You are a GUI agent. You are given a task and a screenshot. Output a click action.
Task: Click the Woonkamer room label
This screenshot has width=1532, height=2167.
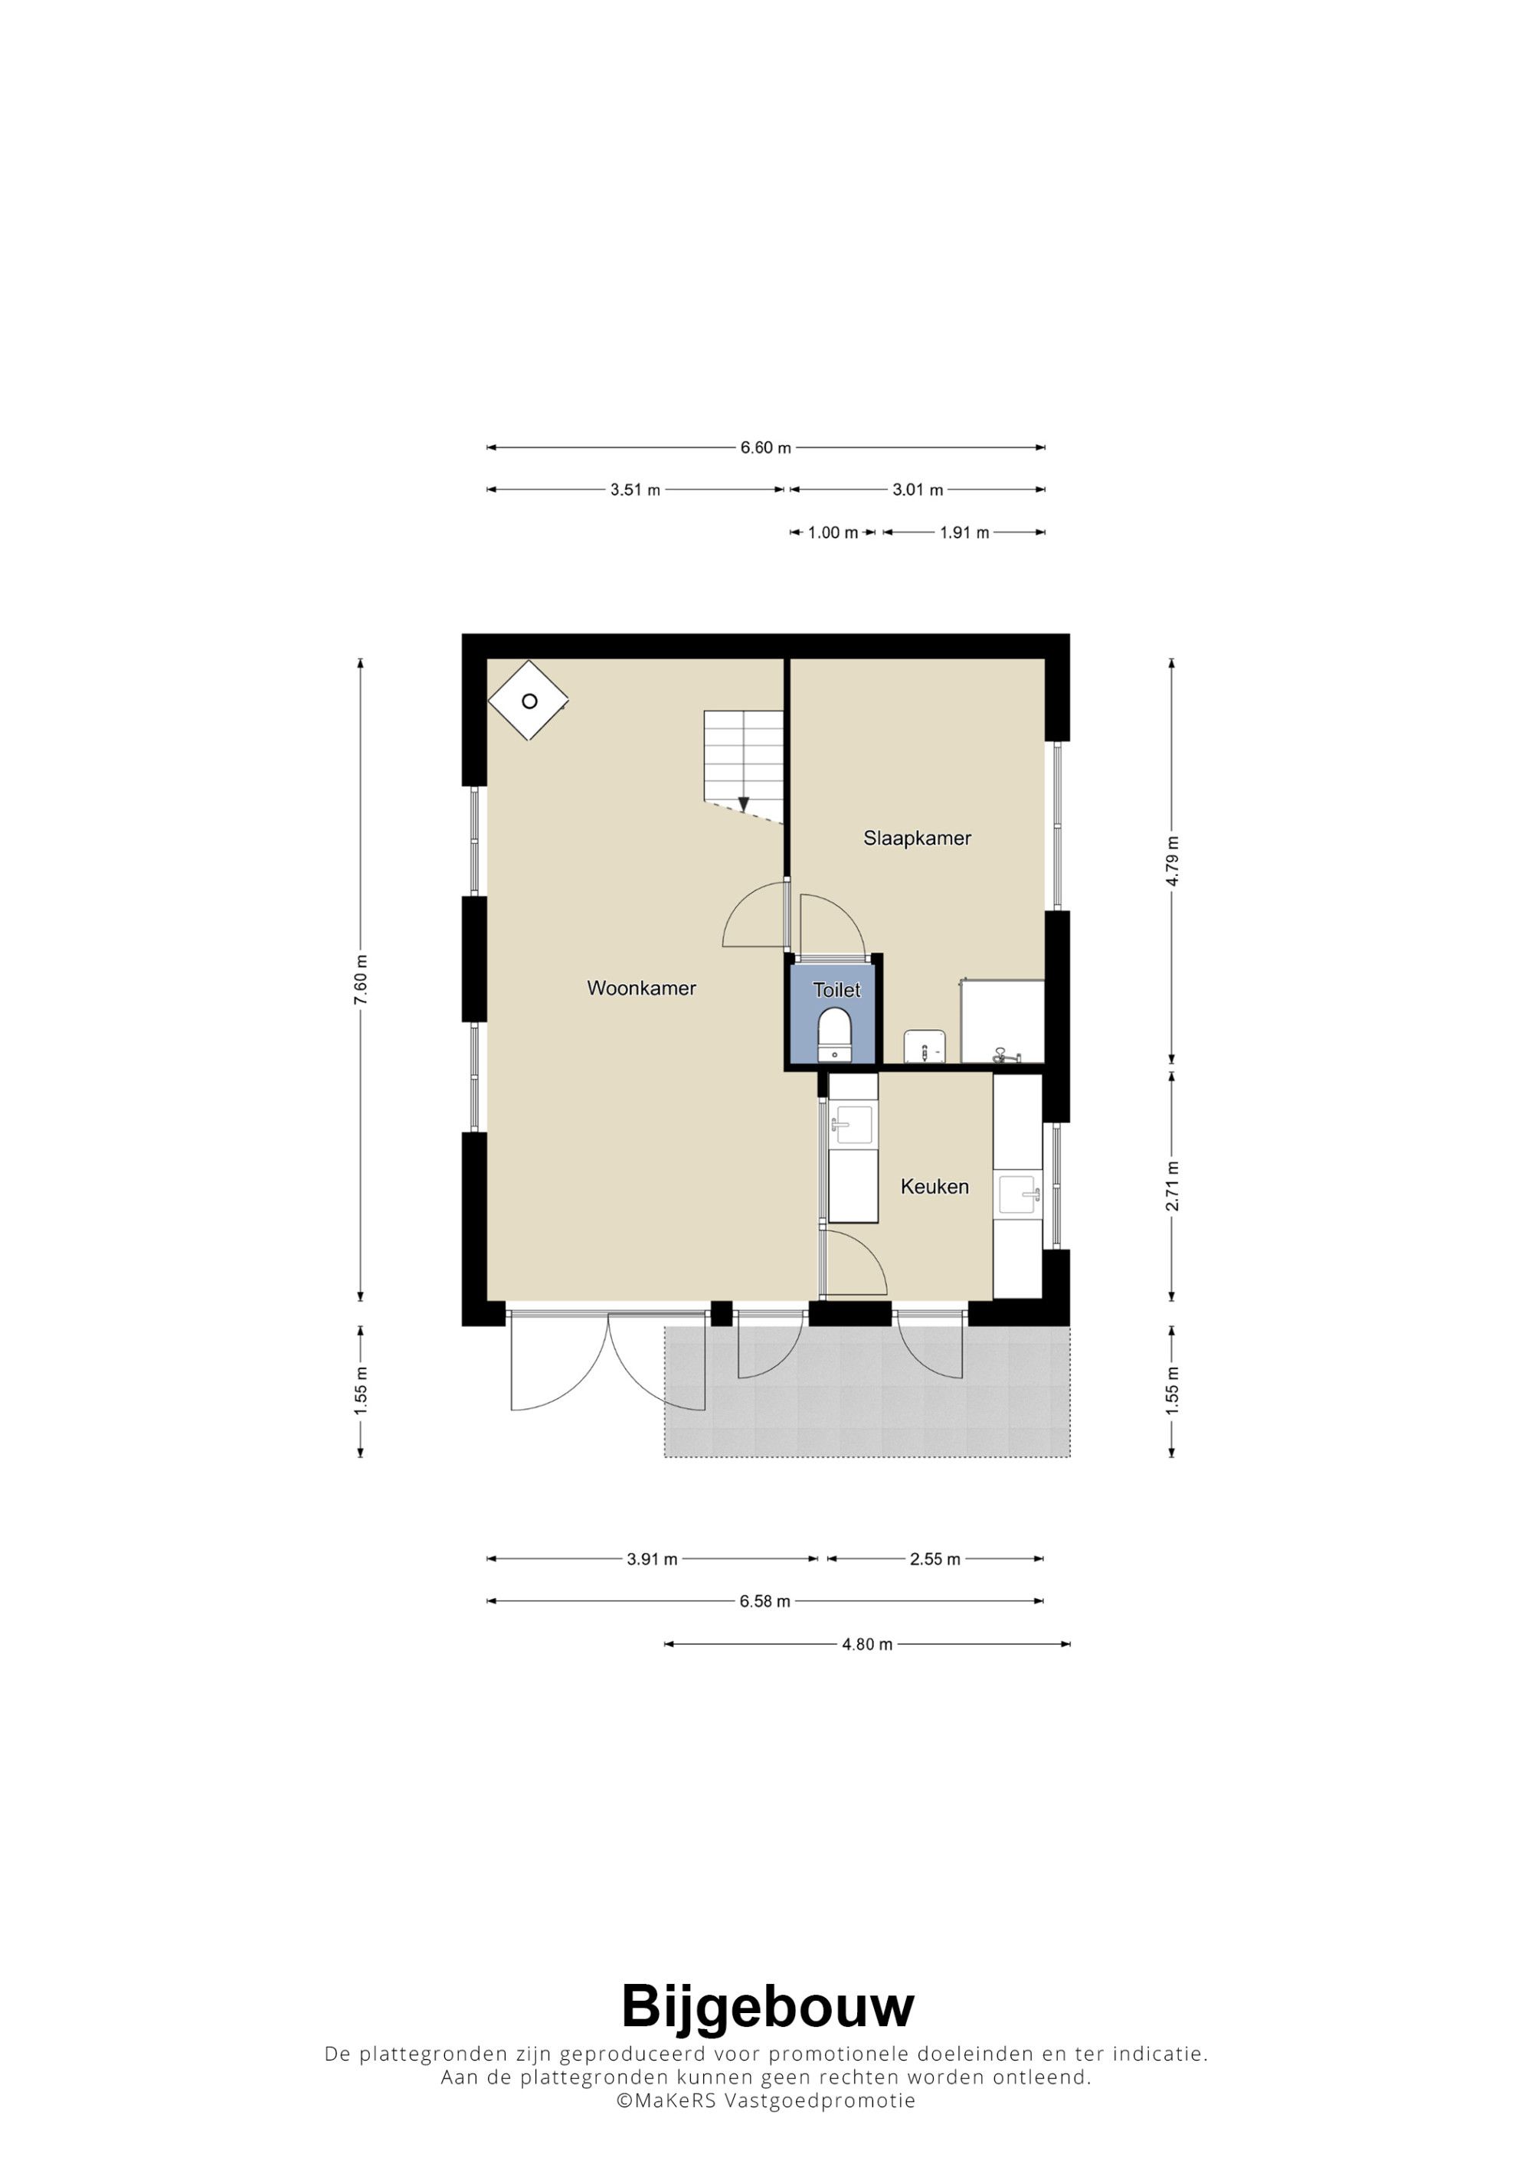point(641,989)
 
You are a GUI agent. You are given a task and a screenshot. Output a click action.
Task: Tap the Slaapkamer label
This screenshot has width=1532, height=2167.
point(917,838)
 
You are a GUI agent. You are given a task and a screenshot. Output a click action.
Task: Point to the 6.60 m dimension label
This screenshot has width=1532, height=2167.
point(765,447)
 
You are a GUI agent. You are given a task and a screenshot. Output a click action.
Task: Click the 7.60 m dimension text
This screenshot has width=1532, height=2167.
point(361,979)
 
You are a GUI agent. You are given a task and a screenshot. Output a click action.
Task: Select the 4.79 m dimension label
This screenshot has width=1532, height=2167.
point(1171,861)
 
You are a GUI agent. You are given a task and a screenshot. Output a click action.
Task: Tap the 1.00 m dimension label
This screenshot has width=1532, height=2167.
point(833,532)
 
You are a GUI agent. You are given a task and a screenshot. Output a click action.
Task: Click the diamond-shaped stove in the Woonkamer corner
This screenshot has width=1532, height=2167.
point(529,701)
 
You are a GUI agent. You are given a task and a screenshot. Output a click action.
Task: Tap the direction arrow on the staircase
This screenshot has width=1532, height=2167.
point(744,804)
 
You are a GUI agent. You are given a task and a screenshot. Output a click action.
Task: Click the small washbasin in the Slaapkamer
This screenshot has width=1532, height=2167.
point(925,1047)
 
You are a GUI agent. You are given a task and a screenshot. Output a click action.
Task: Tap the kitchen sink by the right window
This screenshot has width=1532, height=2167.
point(1020,1196)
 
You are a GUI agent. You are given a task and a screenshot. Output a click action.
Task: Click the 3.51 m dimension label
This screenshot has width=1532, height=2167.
point(635,490)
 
